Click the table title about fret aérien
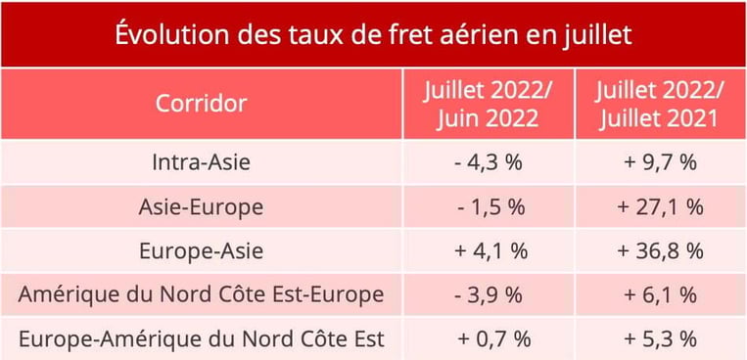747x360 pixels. (x=373, y=34)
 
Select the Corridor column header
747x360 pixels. (x=202, y=104)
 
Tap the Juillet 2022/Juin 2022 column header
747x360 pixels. (x=488, y=104)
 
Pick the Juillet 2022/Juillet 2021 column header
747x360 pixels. (x=660, y=104)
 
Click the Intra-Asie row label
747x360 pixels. (x=202, y=162)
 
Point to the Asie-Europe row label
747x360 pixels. (x=202, y=207)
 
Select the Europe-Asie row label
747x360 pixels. (x=202, y=250)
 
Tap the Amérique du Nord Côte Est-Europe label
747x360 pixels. (x=202, y=294)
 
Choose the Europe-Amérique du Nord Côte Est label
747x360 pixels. (x=202, y=338)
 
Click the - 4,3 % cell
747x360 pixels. (x=488, y=162)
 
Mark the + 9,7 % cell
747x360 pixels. (x=660, y=162)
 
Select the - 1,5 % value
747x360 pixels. (x=488, y=207)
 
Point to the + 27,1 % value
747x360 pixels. (x=660, y=207)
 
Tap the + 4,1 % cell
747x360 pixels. (x=488, y=250)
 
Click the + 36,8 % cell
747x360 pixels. (x=660, y=250)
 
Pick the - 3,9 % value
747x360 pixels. (x=488, y=294)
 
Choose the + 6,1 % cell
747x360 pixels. (x=660, y=294)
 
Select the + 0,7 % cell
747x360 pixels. (x=488, y=338)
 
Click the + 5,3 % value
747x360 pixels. (x=660, y=338)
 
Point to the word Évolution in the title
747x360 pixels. (x=166, y=34)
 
